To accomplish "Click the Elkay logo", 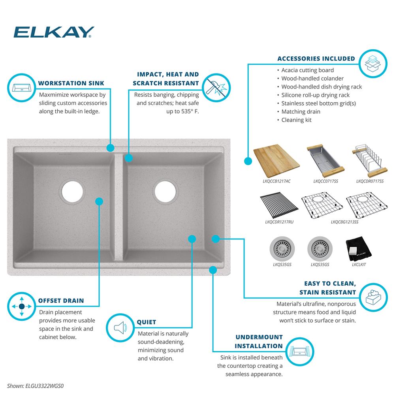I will click(54, 32).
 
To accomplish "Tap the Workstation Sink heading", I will click(71, 83).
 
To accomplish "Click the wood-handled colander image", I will click(324, 161).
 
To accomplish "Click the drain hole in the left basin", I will click(72, 191).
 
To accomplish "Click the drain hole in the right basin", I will click(165, 191).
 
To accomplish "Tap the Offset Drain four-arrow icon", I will click(21, 307).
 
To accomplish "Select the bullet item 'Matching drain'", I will click(301, 111).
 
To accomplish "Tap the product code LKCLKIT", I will click(358, 264).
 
